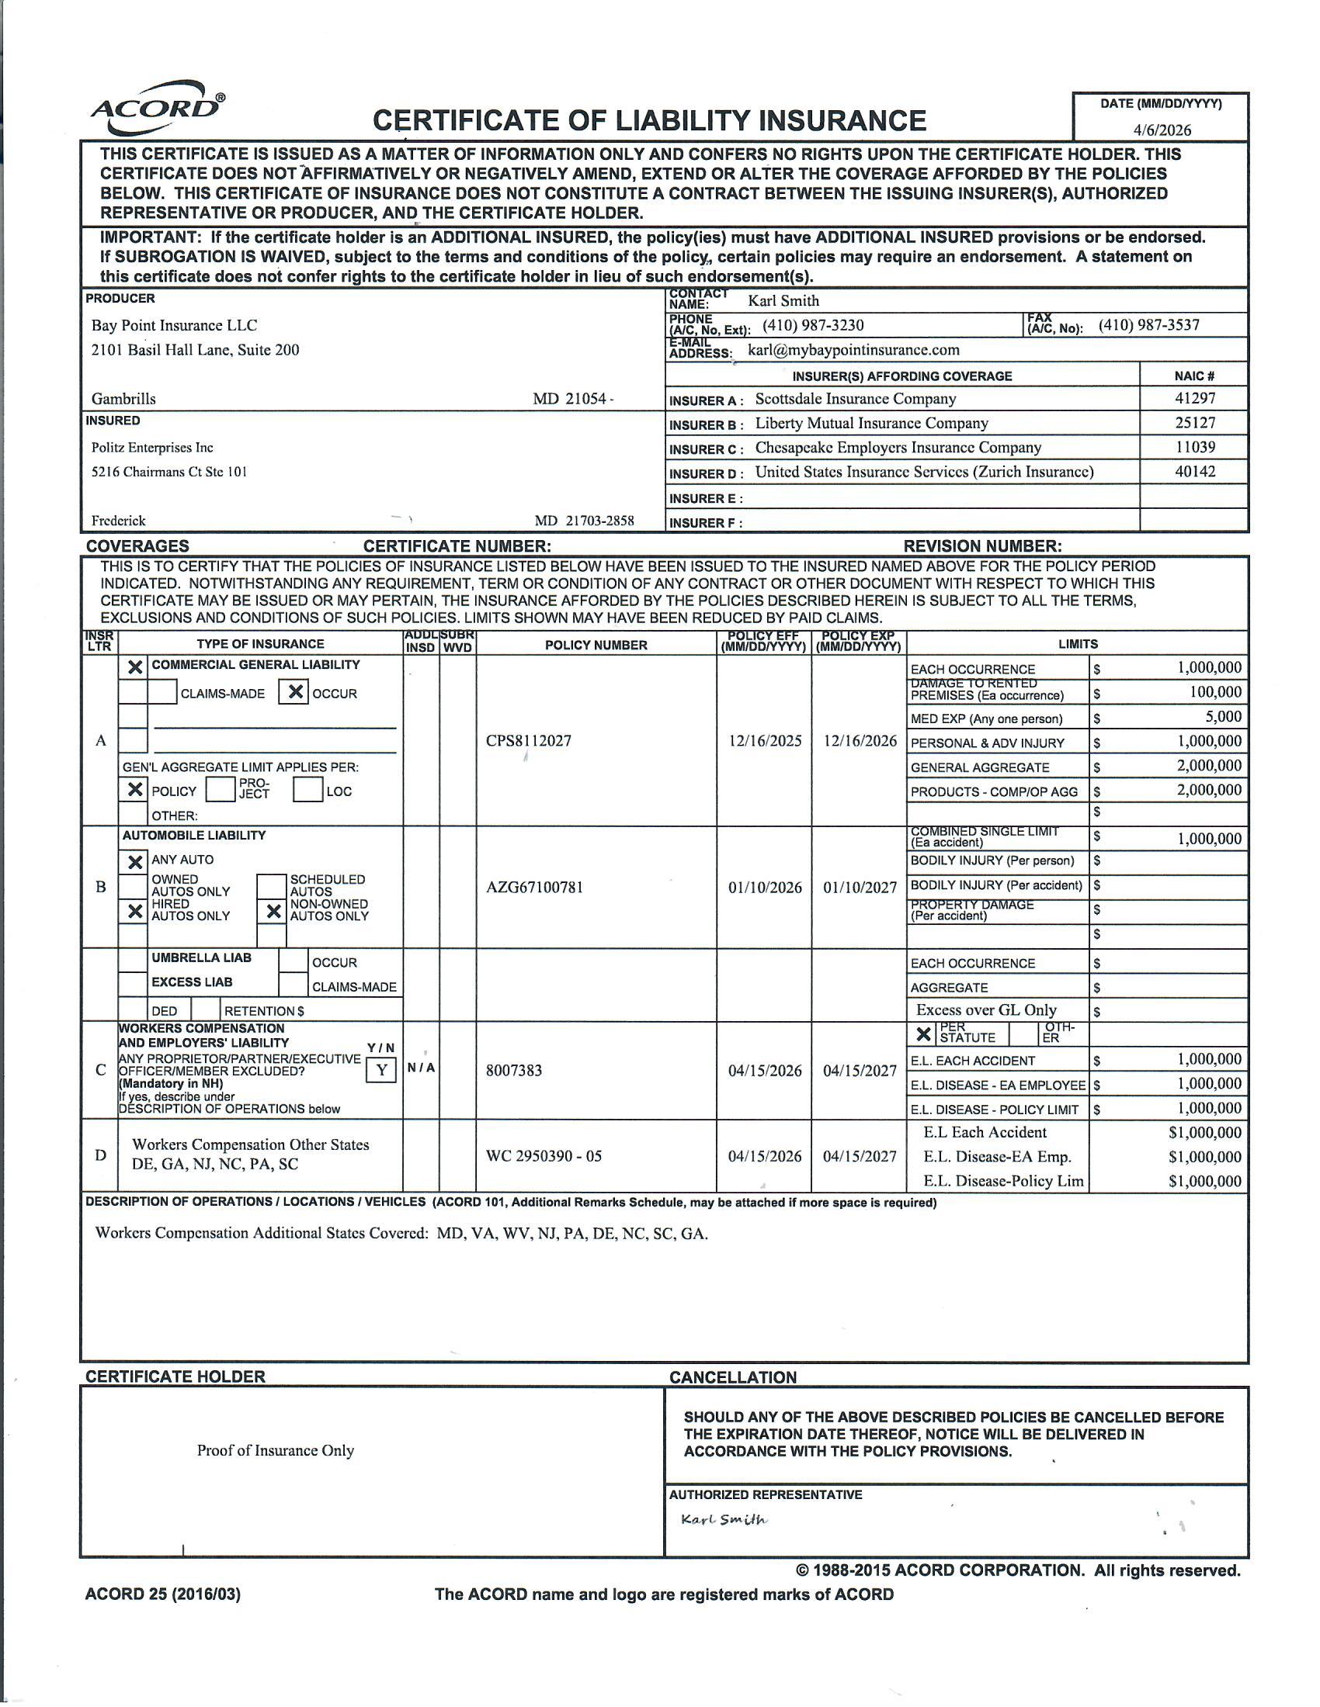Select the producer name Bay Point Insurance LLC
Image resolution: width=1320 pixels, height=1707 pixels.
coord(174,325)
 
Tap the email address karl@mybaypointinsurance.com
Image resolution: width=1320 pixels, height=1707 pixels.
coord(853,349)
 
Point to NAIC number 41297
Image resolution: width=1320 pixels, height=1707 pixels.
coord(1194,398)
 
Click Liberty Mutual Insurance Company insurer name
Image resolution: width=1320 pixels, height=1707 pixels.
coord(871,423)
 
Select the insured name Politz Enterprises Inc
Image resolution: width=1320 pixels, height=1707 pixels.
coord(151,447)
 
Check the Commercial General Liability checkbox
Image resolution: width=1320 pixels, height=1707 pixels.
coord(134,667)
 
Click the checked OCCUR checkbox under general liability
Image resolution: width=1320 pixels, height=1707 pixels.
coord(294,692)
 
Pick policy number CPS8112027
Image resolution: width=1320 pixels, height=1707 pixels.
coord(528,740)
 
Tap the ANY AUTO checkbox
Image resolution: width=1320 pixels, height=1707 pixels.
coord(134,861)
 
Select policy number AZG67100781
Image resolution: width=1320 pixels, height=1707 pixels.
coord(534,887)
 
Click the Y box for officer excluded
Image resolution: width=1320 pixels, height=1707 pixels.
coord(380,1070)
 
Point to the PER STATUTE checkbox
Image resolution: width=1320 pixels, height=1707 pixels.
coord(922,1034)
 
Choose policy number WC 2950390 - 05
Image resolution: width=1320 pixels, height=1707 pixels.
coord(544,1156)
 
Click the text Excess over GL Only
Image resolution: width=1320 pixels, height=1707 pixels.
coord(985,1009)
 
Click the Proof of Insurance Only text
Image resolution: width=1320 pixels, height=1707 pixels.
coord(276,1450)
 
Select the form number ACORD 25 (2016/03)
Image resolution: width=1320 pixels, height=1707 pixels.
coord(162,1594)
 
